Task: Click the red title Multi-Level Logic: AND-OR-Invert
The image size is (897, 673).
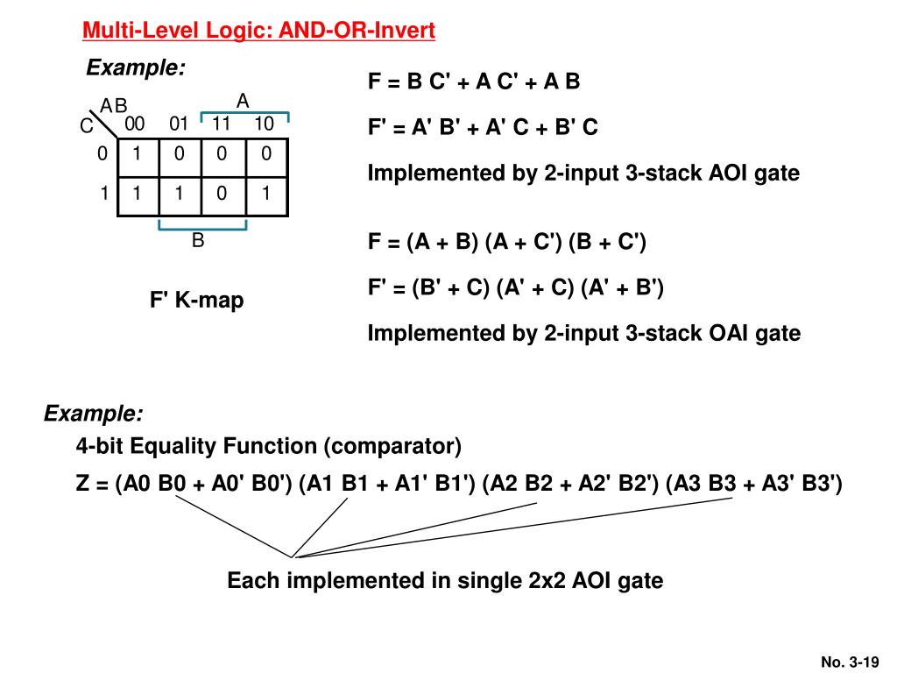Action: [x=258, y=32]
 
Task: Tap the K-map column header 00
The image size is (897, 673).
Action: [x=135, y=124]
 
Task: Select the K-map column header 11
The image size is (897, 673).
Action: [x=221, y=124]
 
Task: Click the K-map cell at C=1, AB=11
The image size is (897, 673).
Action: [x=222, y=194]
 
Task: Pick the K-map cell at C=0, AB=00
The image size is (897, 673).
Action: [x=136, y=154]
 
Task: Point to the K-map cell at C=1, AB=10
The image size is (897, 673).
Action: [x=265, y=194]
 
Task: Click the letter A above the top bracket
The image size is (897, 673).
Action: [x=243, y=102]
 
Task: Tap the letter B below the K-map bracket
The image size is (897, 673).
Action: [x=198, y=240]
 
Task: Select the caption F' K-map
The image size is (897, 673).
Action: [x=196, y=301]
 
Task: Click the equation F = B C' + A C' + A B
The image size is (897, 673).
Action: [x=474, y=82]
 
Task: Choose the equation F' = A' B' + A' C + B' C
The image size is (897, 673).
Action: [x=483, y=128]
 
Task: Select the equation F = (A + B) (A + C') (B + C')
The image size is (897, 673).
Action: [x=506, y=242]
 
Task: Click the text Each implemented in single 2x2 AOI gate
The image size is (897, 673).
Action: [x=445, y=580]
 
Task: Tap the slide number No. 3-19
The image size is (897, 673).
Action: [x=849, y=662]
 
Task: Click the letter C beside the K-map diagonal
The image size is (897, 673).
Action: [x=86, y=127]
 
